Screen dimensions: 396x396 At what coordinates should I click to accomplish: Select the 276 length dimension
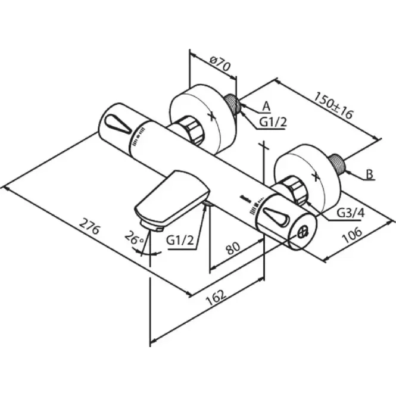(90, 226)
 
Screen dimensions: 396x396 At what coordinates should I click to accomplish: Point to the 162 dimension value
(216, 297)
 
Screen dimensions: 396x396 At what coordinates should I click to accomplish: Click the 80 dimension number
(233, 248)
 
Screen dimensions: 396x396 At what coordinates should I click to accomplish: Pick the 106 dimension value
(351, 235)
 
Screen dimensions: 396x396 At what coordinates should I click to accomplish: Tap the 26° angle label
(134, 238)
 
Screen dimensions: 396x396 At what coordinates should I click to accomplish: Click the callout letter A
(266, 107)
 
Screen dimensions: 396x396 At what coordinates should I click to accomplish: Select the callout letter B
(369, 174)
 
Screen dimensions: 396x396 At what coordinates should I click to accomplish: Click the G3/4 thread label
(351, 213)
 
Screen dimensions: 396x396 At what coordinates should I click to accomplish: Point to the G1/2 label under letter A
(273, 123)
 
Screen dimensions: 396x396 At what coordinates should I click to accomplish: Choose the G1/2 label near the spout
(180, 240)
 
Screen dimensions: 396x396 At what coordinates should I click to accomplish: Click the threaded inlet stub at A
(232, 104)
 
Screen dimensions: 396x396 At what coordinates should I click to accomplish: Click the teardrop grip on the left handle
(117, 124)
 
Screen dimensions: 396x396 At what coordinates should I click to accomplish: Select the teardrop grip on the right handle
(275, 216)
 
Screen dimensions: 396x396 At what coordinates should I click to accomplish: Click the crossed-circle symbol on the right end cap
(303, 232)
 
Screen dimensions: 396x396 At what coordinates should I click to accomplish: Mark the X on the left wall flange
(213, 116)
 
